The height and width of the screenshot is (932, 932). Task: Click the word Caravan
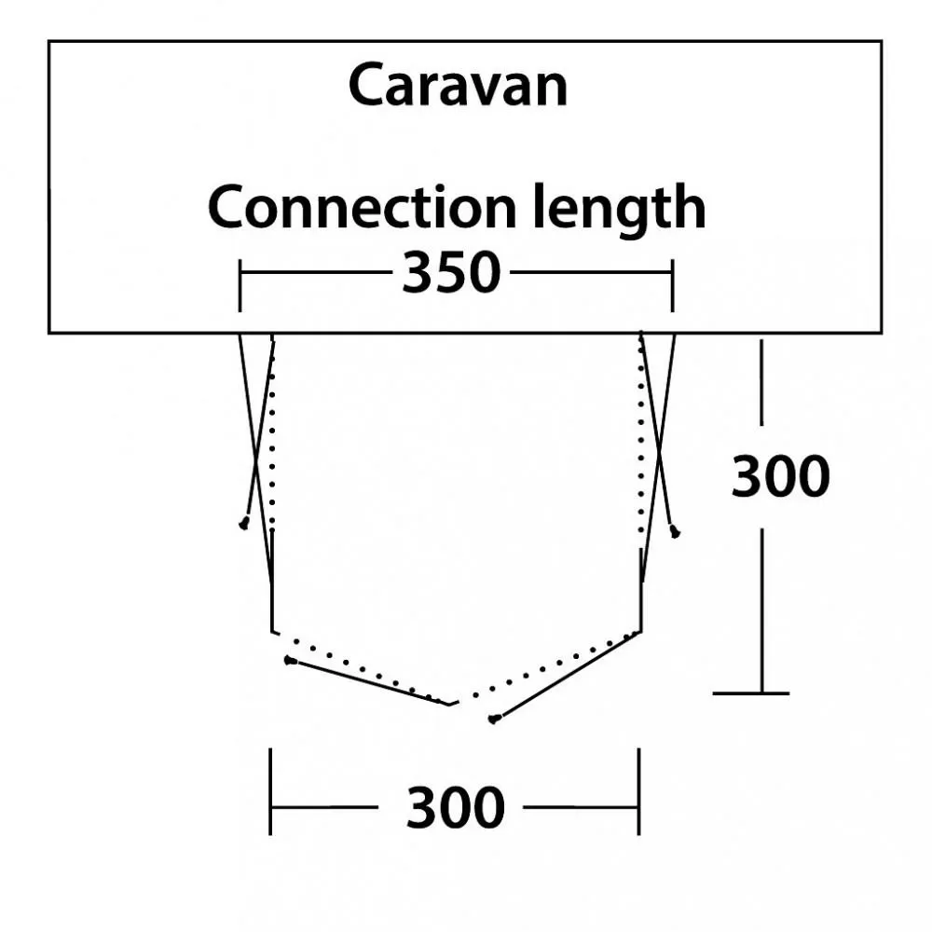(459, 85)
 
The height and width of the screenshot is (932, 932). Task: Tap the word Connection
(362, 207)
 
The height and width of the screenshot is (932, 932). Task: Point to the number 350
(452, 272)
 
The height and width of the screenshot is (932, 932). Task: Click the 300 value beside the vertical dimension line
(780, 476)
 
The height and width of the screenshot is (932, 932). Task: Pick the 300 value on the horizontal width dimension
(456, 807)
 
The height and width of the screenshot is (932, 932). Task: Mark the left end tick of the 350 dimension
(240, 285)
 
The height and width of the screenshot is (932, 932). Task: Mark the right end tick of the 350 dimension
(672, 285)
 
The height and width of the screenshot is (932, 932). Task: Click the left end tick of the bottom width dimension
(270, 791)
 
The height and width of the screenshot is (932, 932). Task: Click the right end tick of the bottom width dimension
(639, 791)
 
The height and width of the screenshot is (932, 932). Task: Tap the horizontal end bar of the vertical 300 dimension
(750, 693)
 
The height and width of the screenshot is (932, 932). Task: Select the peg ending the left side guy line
(243, 524)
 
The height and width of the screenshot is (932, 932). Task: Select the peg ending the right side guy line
(675, 532)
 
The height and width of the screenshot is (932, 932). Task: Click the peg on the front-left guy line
(290, 661)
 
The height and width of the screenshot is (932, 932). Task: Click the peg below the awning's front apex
(493, 720)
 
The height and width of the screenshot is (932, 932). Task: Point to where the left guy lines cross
(255, 459)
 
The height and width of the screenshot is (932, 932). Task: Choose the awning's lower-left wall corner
(272, 632)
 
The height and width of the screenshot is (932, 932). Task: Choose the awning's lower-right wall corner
(641, 632)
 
